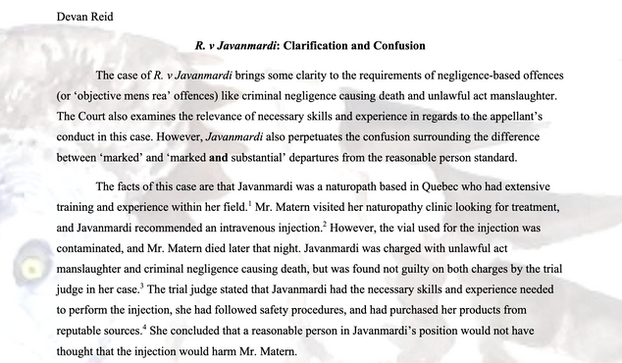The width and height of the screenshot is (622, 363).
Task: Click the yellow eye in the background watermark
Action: coord(27,265)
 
